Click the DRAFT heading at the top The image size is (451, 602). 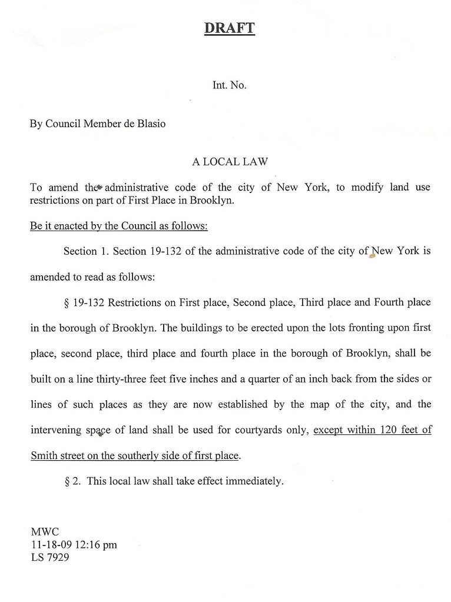click(229, 28)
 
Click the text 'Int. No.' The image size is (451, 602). click(229, 85)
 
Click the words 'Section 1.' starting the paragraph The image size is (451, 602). click(86, 251)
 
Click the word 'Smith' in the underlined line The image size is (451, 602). click(44, 455)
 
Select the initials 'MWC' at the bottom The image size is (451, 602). click(45, 532)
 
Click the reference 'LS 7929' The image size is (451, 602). click(50, 557)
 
